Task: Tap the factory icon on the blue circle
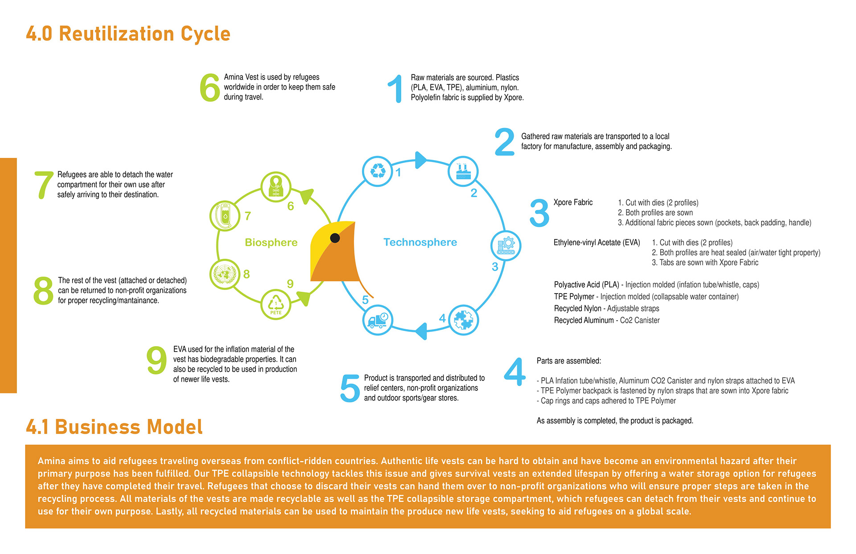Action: click(x=463, y=171)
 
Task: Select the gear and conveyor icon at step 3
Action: click(x=506, y=246)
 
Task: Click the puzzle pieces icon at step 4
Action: click(x=463, y=320)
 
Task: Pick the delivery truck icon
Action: click(x=378, y=320)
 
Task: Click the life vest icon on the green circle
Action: click(x=276, y=186)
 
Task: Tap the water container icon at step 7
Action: click(x=225, y=215)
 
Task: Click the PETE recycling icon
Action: click(x=276, y=304)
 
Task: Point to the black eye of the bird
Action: click(x=335, y=238)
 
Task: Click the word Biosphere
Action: click(x=271, y=242)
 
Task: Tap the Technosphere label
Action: click(x=420, y=242)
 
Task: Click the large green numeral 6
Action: click(x=210, y=87)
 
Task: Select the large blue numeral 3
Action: click(x=539, y=213)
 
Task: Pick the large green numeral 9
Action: click(x=156, y=360)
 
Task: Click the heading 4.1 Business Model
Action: click(x=114, y=427)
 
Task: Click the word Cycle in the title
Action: click(x=205, y=34)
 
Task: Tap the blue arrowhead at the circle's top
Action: click(x=420, y=160)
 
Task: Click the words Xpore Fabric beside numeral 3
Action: click(x=573, y=203)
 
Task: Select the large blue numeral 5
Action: click(x=350, y=388)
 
